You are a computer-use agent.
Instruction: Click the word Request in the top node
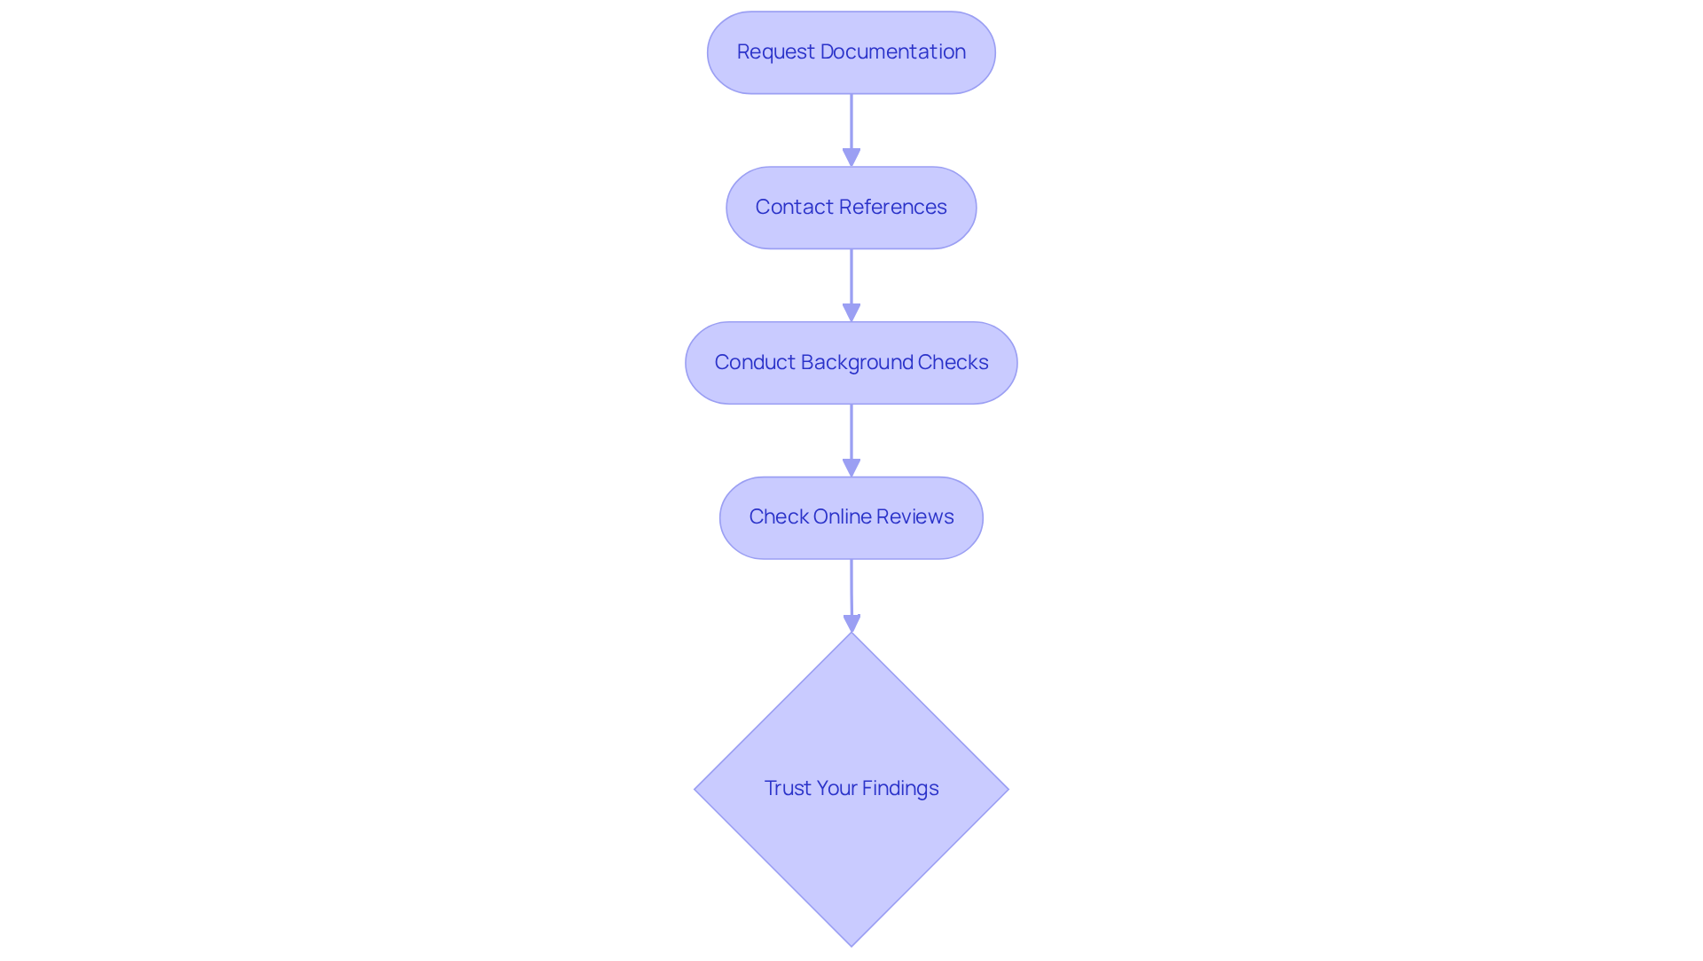[x=775, y=52]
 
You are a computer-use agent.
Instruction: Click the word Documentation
[x=892, y=52]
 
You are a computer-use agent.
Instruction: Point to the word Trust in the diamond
[x=787, y=789]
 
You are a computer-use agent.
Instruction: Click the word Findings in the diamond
[x=899, y=789]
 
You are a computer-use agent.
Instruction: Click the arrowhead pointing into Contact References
[x=851, y=158]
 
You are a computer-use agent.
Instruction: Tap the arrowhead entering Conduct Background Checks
[x=851, y=313]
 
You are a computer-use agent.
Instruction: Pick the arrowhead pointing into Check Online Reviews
[x=851, y=469]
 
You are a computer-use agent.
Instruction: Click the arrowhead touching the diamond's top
[x=851, y=624]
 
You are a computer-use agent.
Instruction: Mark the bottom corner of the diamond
[x=851, y=944]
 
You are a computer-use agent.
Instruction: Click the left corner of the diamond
[x=696, y=789]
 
